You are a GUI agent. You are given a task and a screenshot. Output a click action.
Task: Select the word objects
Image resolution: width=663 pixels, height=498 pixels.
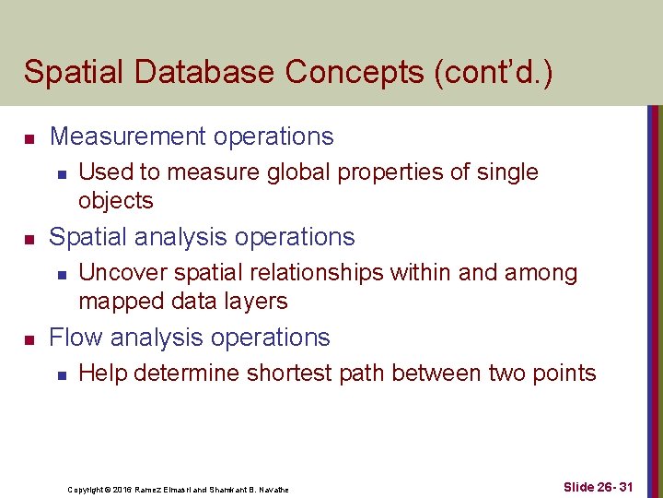click(116, 200)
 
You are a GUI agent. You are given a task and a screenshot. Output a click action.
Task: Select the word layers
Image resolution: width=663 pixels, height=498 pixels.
click(260, 301)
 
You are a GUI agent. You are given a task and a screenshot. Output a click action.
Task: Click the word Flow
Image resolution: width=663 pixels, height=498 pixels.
click(75, 338)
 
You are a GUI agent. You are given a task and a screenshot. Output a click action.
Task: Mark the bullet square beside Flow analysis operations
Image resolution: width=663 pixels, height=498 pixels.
click(29, 340)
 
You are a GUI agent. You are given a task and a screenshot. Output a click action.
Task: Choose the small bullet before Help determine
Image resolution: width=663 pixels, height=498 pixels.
click(59, 374)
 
